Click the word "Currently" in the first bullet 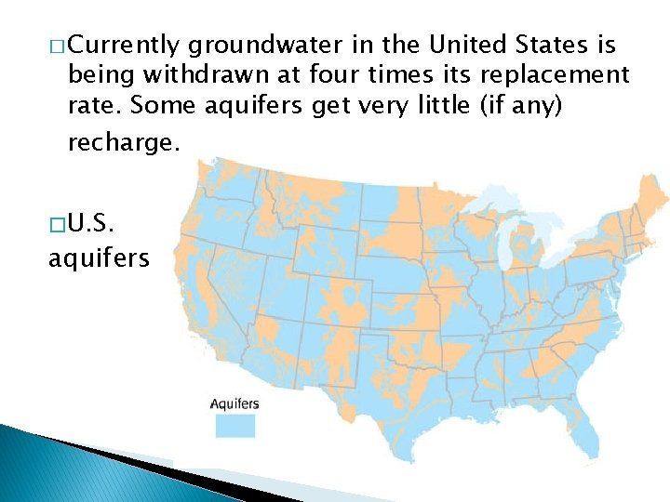[124, 45]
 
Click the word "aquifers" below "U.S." [98, 257]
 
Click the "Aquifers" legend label [234, 403]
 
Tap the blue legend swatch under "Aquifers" [235, 425]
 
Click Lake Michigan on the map [504, 244]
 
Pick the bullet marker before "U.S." [57, 225]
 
